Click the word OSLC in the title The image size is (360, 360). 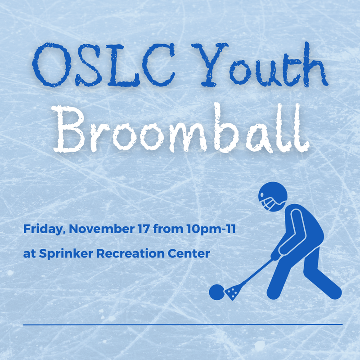coord(104,64)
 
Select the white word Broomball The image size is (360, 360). coord(181,128)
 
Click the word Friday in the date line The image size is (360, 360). coord(43,229)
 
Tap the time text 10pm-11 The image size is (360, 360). coord(211,229)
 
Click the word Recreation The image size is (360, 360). coord(130,253)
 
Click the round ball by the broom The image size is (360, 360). coord(217,292)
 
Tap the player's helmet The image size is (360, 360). coord(273,197)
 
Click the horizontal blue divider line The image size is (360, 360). coord(183,324)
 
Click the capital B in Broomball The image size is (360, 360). coord(68,129)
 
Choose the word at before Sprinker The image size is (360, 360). coord(30,254)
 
